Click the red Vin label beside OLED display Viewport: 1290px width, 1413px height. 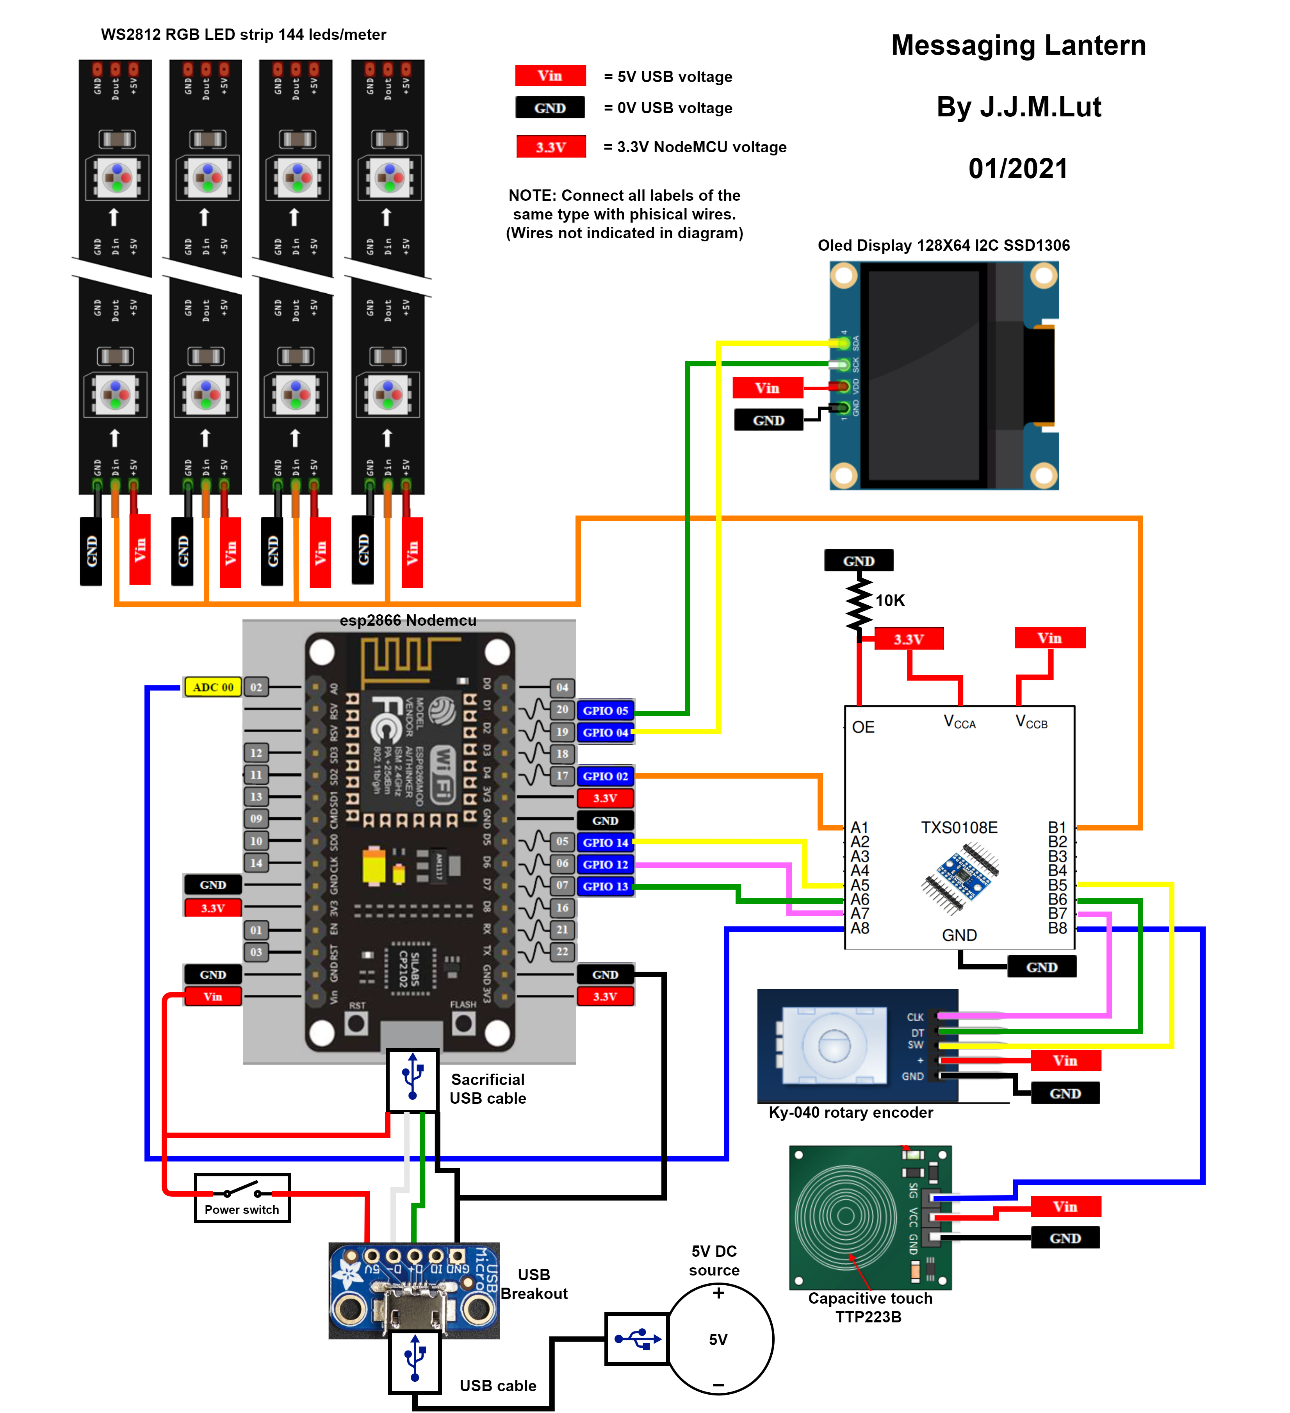tap(767, 387)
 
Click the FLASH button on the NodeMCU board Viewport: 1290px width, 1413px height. tap(463, 1023)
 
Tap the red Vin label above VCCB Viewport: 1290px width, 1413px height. tap(1049, 638)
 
